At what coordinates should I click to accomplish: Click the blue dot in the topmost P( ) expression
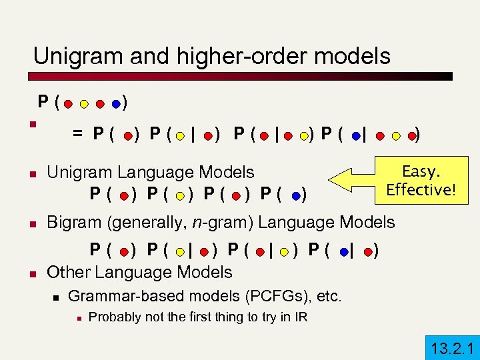(117, 104)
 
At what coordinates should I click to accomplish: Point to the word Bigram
(71, 222)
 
